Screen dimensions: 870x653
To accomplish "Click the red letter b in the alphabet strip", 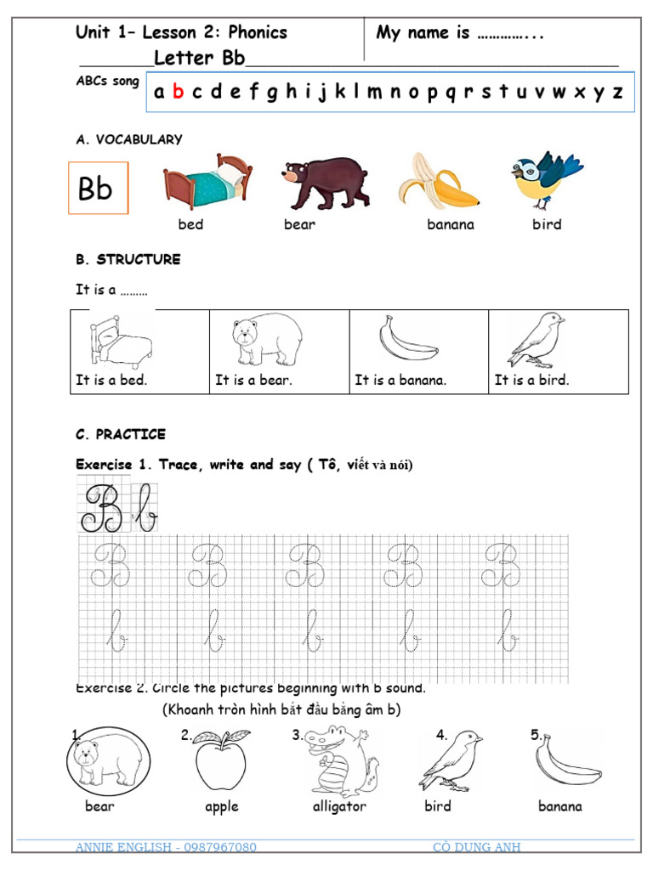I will click(178, 93).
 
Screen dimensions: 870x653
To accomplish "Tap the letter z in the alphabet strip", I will click(617, 93).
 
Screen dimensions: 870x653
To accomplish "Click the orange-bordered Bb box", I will click(98, 188).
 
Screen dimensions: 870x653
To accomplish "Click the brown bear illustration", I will click(326, 183).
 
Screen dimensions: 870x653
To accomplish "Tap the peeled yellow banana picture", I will click(440, 181).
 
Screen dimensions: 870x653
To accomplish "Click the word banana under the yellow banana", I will click(451, 225).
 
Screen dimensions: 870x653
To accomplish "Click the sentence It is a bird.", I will click(532, 381).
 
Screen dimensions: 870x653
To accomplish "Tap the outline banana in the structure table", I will click(408, 340).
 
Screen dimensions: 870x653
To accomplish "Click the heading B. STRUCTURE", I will click(128, 260).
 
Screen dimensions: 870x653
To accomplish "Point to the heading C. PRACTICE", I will click(121, 435).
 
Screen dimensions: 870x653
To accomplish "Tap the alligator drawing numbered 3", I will click(340, 760).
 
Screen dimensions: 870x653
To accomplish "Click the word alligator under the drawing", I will click(339, 807).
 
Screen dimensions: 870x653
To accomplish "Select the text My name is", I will click(423, 33).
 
